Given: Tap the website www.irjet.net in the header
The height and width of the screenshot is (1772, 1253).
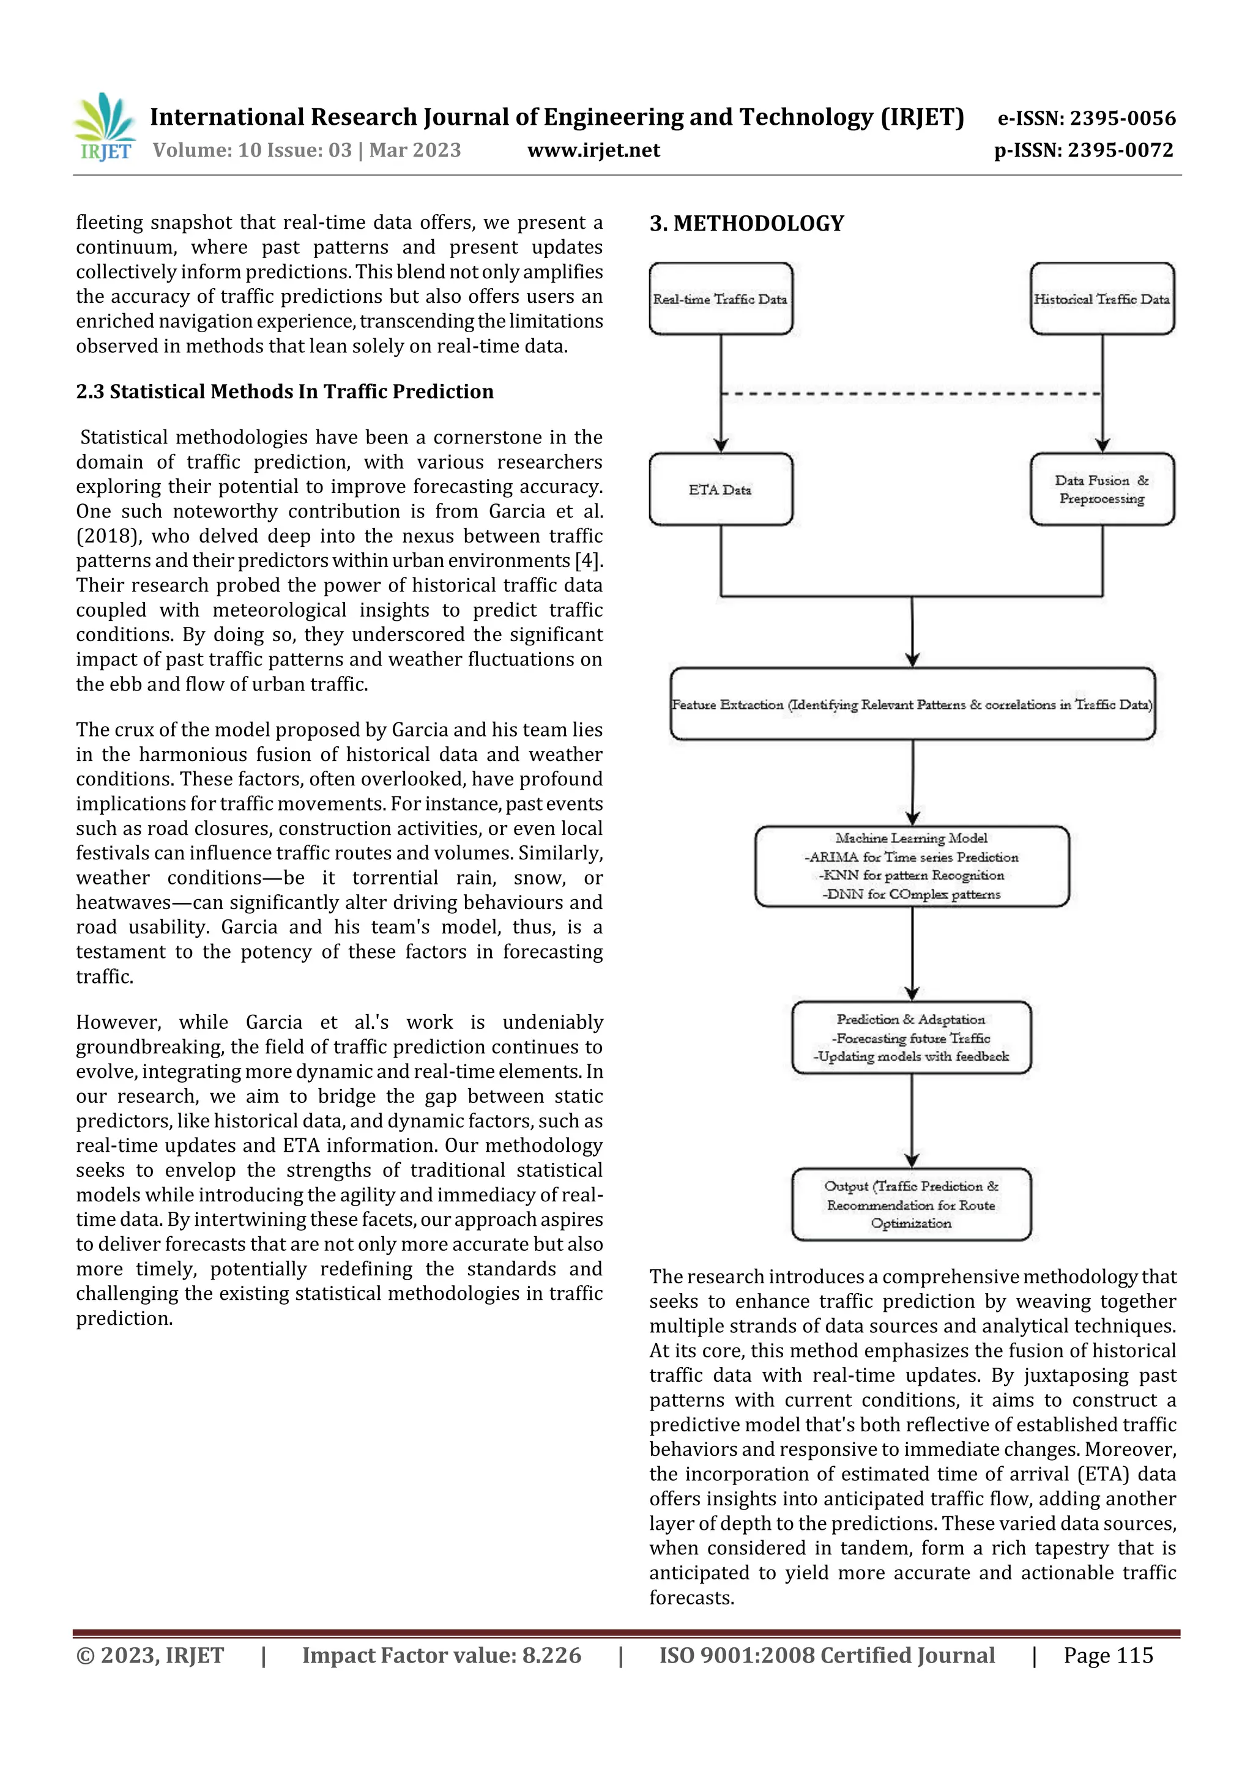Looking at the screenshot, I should tap(593, 150).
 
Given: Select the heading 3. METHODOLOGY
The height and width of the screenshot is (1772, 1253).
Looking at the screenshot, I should tap(746, 224).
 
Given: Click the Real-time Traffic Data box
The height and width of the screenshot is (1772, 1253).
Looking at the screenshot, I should tap(720, 298).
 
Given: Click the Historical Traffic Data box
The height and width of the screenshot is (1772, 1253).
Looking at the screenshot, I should tap(1102, 298).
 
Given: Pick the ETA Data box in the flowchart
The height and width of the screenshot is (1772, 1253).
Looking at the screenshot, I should tap(720, 489).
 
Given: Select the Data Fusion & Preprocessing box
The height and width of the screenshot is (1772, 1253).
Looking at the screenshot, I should tap(1102, 489).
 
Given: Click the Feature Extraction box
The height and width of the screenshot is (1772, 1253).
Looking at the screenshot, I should tap(912, 704).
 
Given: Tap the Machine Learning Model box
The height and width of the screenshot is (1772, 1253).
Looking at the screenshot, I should tap(912, 866).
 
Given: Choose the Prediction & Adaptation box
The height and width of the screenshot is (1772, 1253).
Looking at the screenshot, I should tap(911, 1037).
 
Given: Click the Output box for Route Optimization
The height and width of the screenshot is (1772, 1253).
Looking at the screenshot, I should tap(911, 1204).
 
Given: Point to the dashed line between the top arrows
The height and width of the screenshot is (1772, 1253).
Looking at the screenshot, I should tap(911, 393).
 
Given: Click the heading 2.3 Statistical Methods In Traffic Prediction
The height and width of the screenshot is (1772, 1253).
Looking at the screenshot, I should tap(284, 391).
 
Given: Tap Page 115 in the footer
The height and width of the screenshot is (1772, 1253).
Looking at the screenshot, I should tap(1108, 1655).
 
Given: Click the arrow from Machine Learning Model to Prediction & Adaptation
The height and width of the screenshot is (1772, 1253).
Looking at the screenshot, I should tap(912, 953).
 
